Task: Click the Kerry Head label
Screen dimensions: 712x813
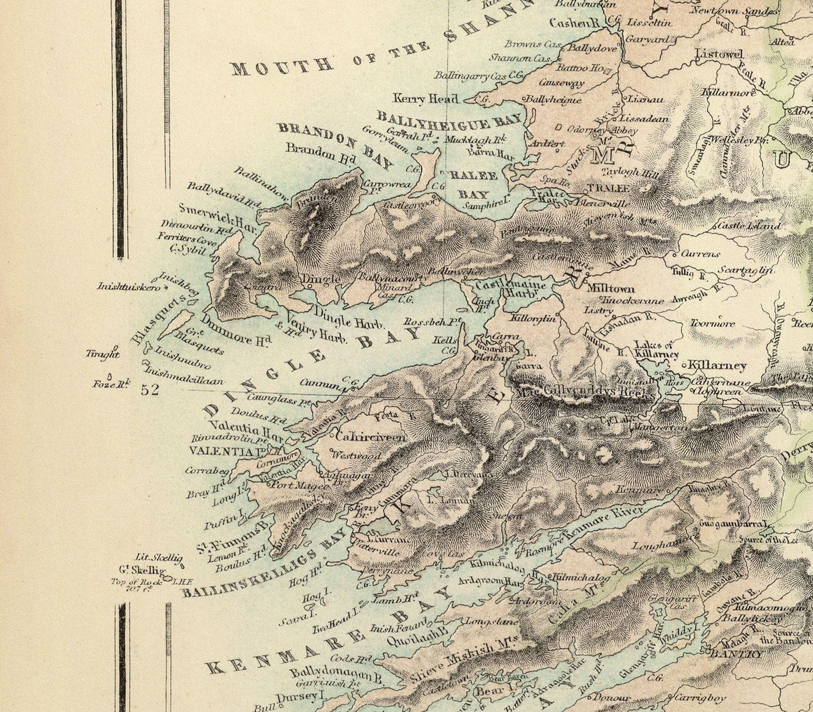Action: point(426,99)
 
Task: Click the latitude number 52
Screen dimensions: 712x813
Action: point(150,390)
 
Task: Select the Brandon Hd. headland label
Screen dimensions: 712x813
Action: point(311,156)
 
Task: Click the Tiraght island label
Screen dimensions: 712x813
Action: point(102,353)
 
